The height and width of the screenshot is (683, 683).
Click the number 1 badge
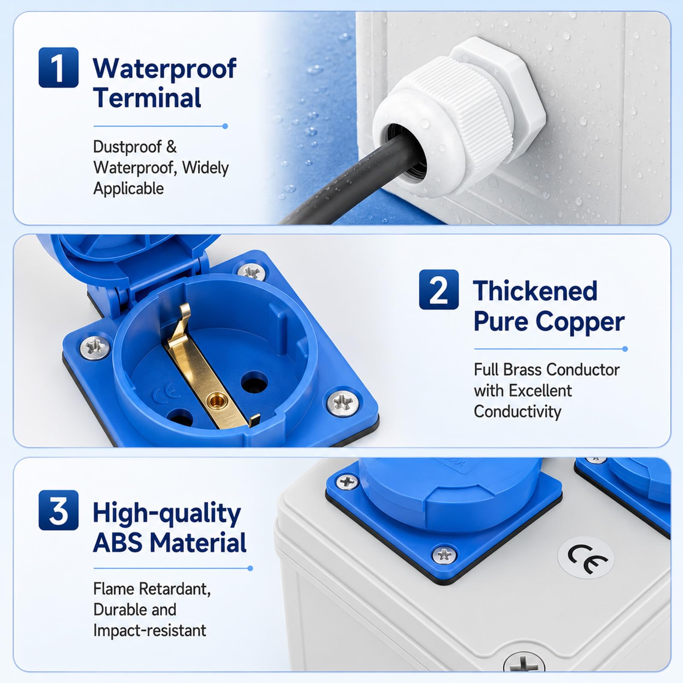coord(58,67)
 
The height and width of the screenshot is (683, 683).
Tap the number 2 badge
coord(439,289)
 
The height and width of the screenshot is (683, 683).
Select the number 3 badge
coord(58,510)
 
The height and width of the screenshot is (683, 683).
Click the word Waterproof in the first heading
coord(164,68)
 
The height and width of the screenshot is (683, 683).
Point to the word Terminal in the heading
coord(147,98)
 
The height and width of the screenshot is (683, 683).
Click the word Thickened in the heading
coord(535,291)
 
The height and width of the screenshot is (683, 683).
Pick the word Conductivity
coord(517,412)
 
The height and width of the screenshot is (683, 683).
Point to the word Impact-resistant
coord(149,630)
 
